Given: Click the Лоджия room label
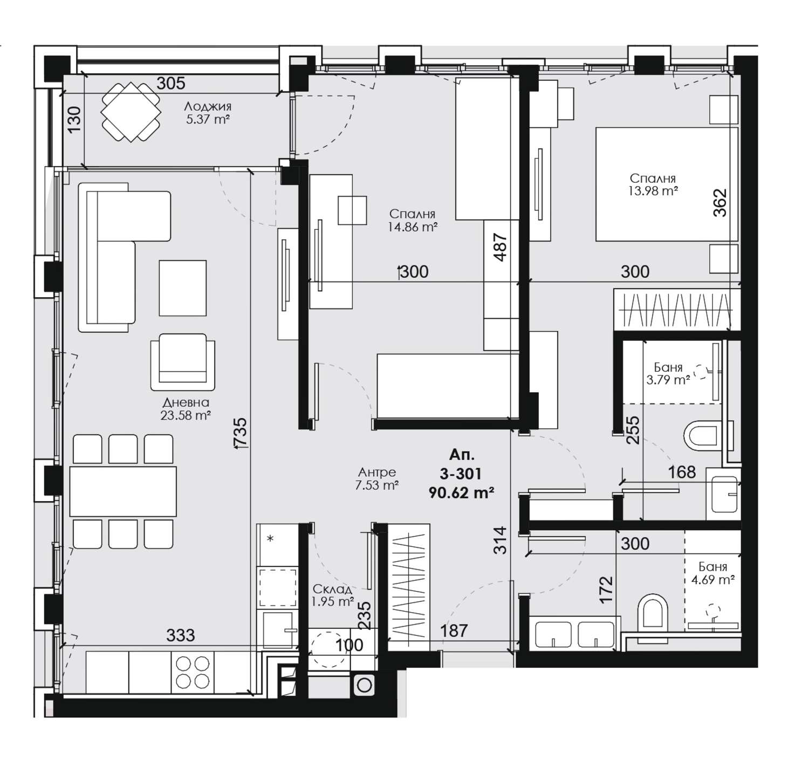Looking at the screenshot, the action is point(208,106).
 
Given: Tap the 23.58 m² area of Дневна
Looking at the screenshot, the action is point(186,415).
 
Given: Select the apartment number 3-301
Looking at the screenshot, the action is point(461,474).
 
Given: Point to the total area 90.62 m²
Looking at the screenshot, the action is point(461,492).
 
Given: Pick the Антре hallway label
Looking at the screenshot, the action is point(377,472).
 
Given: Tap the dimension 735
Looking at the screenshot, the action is point(240,432).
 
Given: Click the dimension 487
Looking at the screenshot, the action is point(501,247).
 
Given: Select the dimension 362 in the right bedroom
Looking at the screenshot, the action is point(720,202).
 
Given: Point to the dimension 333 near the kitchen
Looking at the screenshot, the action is point(180,635).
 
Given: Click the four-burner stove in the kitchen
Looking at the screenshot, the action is point(193,672).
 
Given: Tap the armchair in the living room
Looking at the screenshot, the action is point(183,362).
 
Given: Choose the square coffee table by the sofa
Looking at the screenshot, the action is point(183,287).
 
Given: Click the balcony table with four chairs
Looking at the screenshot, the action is point(131,112).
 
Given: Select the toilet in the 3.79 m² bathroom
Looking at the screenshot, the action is point(703,435).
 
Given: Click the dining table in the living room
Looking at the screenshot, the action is point(123,491).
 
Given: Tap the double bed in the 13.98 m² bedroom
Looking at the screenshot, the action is point(667,184).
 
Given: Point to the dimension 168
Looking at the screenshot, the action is point(682,472).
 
